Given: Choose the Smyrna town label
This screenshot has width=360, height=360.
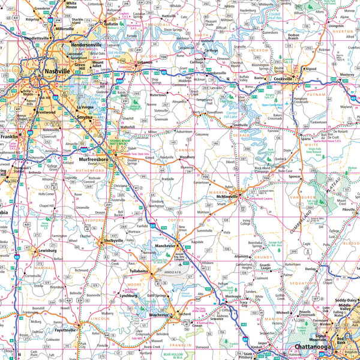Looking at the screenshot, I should pyautogui.click(x=85, y=118).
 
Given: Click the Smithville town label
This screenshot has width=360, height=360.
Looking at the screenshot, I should pyautogui.click(x=240, y=125).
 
